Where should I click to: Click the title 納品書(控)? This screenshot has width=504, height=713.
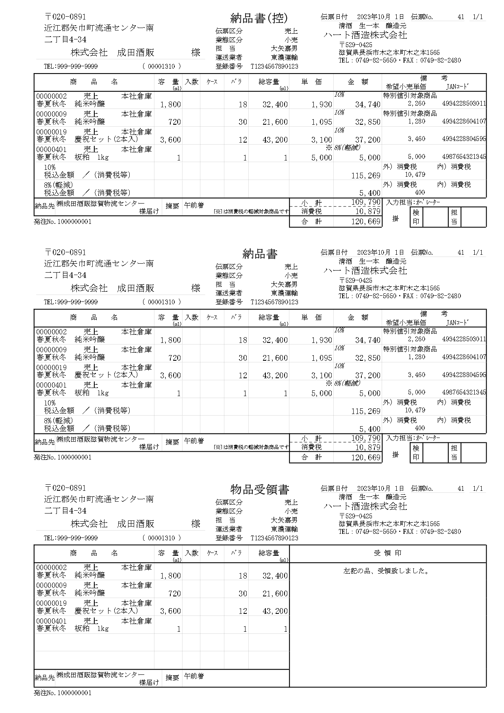click(259, 18)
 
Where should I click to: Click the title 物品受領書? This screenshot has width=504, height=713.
click(260, 490)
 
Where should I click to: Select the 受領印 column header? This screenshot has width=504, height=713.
click(387, 553)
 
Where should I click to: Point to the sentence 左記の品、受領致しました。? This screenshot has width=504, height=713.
click(387, 571)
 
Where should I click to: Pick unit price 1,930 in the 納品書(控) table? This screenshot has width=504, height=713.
click(322, 104)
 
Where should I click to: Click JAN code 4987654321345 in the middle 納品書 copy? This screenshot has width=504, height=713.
click(464, 392)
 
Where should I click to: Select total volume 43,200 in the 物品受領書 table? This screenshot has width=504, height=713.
click(275, 611)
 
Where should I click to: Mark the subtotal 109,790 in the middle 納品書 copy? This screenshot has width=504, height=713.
click(366, 438)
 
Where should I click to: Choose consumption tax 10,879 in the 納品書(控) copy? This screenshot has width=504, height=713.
click(368, 211)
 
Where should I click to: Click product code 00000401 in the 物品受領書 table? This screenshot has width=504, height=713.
click(52, 621)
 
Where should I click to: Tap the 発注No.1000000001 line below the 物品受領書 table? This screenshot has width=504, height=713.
click(63, 693)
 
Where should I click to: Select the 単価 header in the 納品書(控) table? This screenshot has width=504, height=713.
click(311, 82)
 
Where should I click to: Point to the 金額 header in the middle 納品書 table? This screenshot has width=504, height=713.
click(358, 317)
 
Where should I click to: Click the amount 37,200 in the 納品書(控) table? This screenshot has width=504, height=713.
click(368, 140)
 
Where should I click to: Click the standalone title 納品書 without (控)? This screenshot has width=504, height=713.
click(260, 254)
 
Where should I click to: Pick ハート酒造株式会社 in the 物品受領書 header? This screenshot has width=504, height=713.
click(365, 507)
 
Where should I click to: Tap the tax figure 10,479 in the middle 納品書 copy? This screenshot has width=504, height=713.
click(415, 410)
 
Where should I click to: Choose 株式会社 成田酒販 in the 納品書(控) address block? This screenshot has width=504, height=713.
click(113, 53)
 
